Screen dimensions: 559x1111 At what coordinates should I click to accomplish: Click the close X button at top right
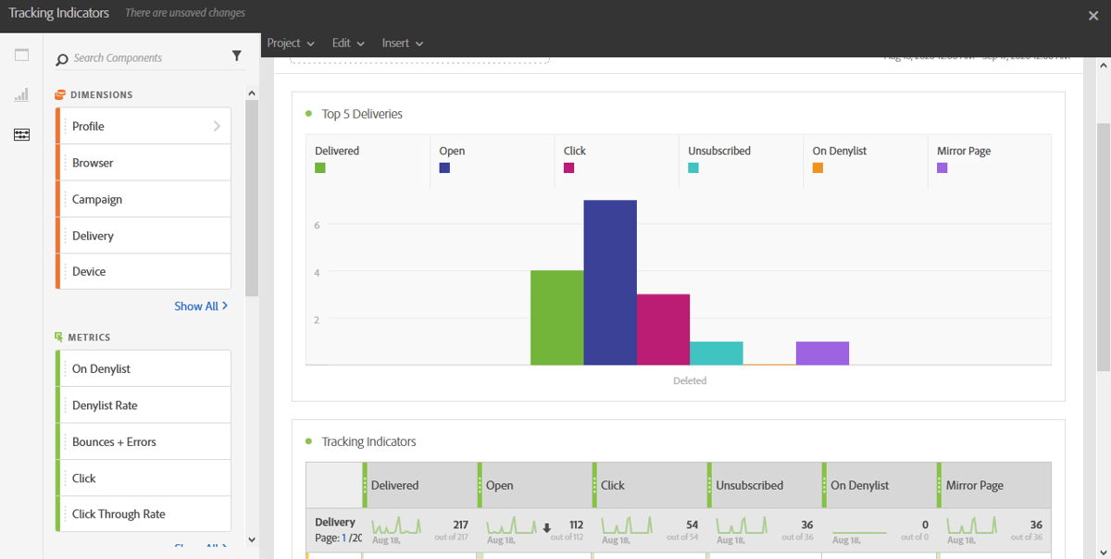1093,15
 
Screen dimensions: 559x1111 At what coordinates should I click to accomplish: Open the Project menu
290,43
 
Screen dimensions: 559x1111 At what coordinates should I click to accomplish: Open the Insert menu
402,43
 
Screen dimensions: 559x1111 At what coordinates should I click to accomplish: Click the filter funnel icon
237,57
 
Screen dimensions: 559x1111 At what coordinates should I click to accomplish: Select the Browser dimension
144,163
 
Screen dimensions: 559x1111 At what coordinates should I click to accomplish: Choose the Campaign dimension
144,199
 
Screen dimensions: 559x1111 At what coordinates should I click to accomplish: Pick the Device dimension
144,271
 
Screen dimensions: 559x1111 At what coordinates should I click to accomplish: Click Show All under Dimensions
200,306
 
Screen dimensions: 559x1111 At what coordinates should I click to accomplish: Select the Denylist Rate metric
144,405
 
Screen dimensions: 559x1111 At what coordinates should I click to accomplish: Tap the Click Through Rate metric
144,514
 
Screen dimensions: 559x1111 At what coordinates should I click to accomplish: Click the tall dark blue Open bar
610,282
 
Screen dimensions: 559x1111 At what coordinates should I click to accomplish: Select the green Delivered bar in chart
556,317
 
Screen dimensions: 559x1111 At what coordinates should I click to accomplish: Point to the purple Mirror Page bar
822,354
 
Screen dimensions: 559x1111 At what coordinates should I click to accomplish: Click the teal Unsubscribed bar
716,354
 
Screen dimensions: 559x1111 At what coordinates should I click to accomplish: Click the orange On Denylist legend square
818,168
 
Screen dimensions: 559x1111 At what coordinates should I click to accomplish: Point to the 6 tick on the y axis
317,225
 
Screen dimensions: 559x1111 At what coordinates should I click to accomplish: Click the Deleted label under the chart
690,380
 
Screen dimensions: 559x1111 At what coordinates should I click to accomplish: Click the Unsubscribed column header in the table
749,485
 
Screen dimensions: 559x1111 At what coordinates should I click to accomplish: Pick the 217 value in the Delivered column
460,525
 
